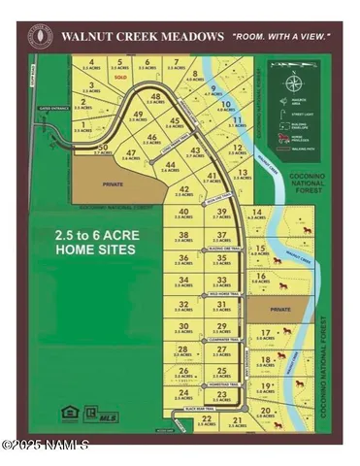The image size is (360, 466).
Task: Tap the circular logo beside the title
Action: (41, 37)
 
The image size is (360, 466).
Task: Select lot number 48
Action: (155, 97)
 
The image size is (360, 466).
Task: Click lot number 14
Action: (257, 213)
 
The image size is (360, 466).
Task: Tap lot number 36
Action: (183, 257)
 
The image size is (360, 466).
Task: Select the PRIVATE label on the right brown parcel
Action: (279, 310)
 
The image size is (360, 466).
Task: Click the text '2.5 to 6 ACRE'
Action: (94, 236)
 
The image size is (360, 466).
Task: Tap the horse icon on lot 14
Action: (309, 230)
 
